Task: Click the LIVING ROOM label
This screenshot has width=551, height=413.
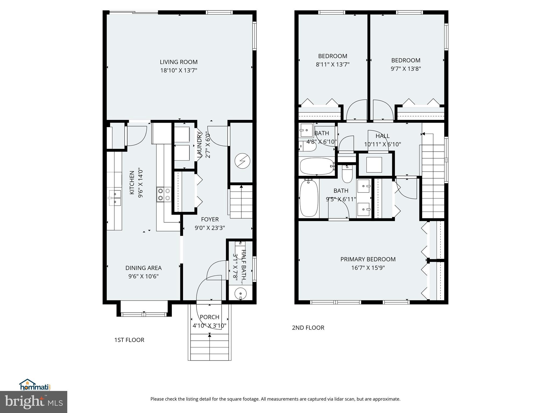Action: click(x=179, y=62)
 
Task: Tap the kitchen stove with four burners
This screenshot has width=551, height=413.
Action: click(x=164, y=194)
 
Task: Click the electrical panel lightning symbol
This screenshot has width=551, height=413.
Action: click(x=242, y=161)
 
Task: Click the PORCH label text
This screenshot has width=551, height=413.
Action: click(x=209, y=317)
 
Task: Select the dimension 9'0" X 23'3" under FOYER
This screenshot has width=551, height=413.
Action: click(x=210, y=228)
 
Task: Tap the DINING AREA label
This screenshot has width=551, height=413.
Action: click(x=143, y=268)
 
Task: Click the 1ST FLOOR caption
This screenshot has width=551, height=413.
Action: click(x=129, y=340)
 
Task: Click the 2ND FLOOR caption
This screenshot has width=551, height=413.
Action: click(x=308, y=327)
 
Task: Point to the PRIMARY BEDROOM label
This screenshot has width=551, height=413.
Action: click(x=368, y=259)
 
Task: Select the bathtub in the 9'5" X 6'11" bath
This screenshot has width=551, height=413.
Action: click(x=309, y=198)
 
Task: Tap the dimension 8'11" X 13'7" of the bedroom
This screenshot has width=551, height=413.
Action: click(x=333, y=65)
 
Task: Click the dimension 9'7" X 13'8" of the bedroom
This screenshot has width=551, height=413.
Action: click(x=406, y=69)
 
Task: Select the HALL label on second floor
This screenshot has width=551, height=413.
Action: click(x=382, y=136)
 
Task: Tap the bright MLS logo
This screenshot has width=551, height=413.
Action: click(x=34, y=402)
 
